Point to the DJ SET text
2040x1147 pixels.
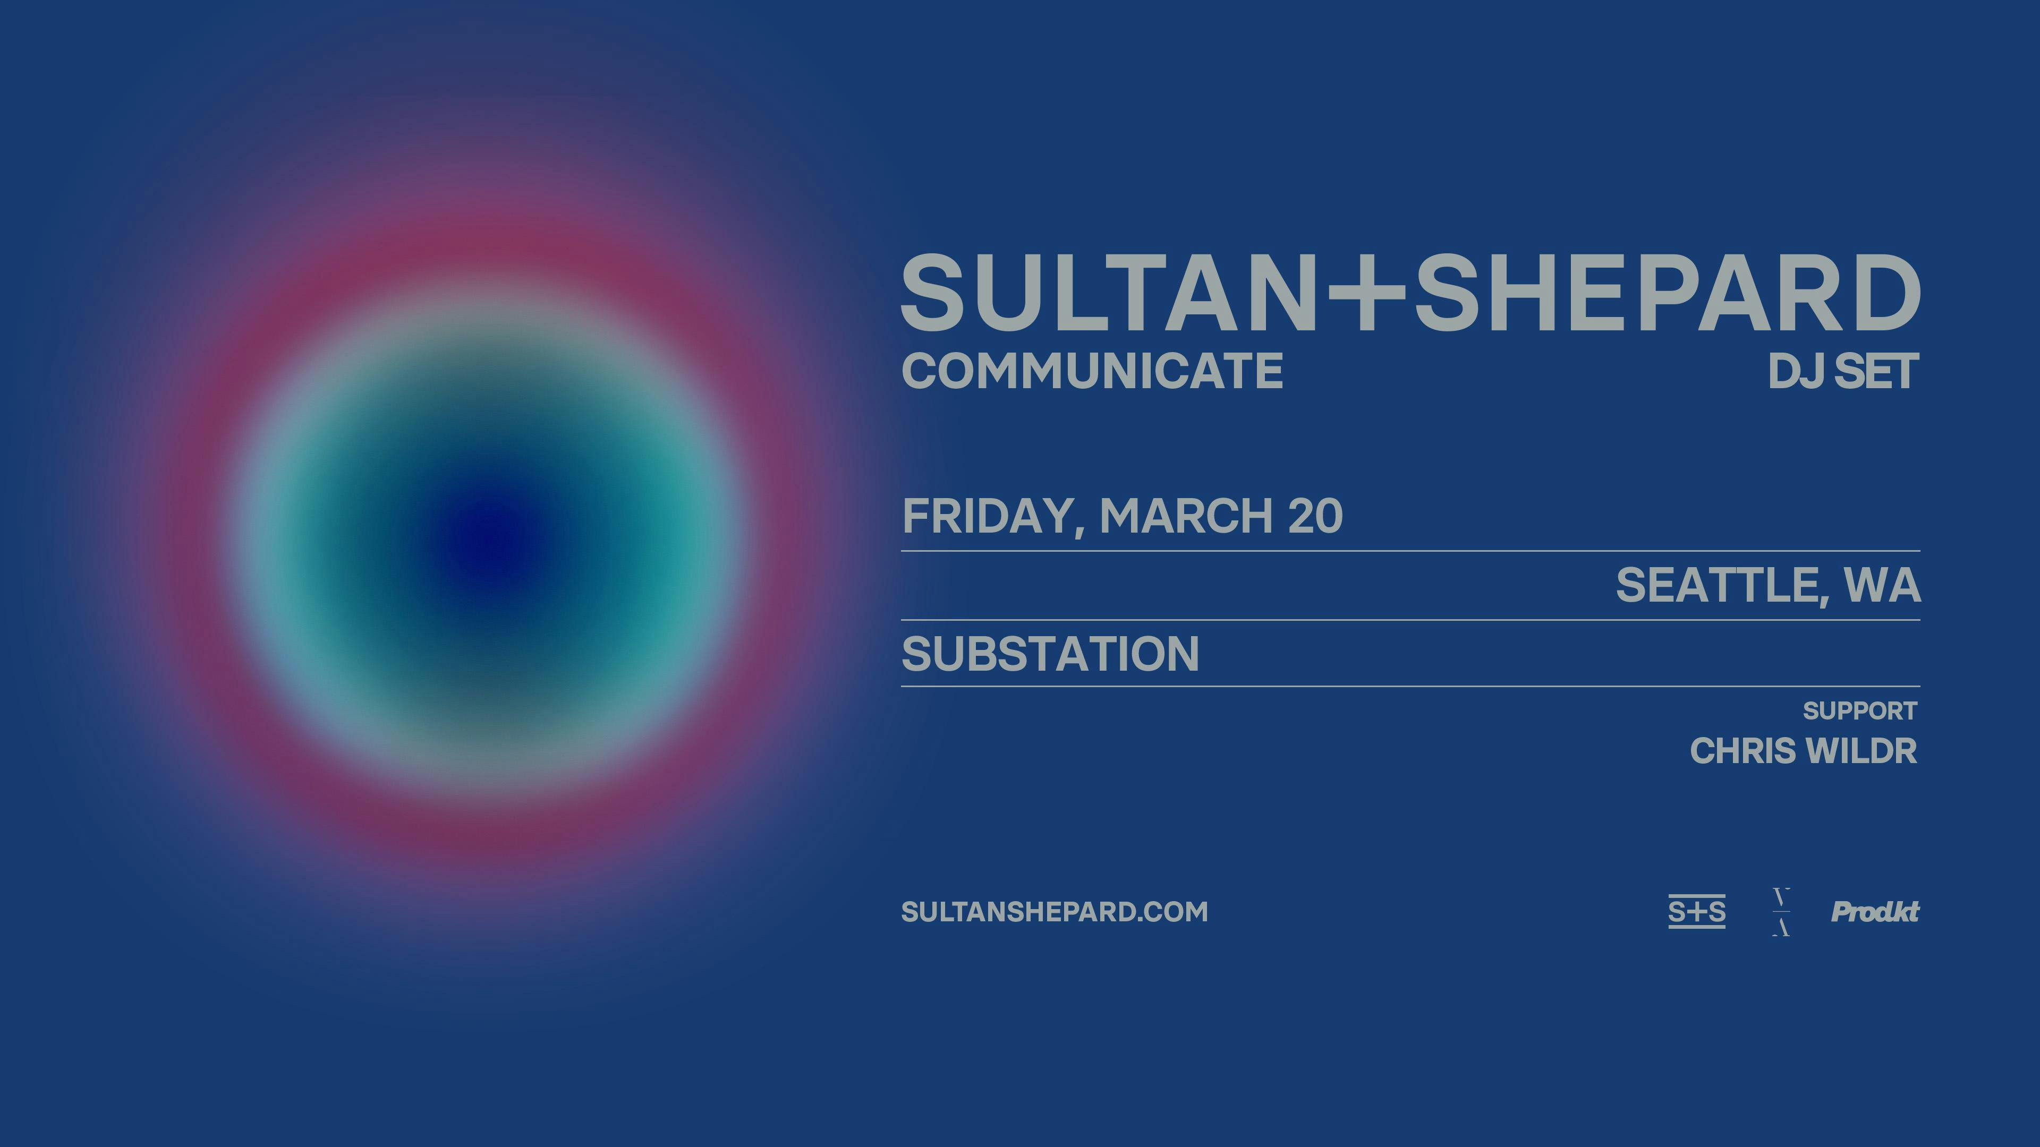click(x=1843, y=371)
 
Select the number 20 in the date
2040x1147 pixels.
click(x=1315, y=516)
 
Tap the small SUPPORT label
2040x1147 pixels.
click(x=1859, y=711)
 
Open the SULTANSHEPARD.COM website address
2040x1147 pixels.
click(x=1054, y=912)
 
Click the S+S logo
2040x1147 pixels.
click(x=1696, y=912)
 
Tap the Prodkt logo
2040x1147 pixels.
click(x=1874, y=912)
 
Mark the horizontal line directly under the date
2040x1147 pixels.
click(x=1409, y=550)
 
